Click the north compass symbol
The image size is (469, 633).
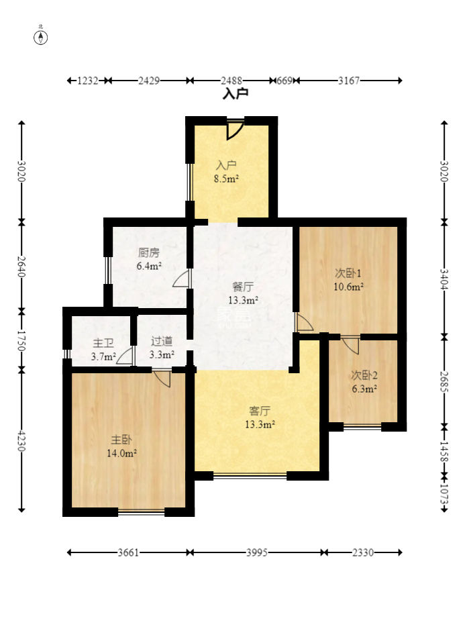41,38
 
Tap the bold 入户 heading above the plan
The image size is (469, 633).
236,94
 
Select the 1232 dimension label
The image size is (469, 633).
88,81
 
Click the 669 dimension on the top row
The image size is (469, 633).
284,81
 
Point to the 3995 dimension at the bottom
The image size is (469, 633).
257,552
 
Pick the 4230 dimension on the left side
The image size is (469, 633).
21,441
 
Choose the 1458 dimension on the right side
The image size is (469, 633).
444,451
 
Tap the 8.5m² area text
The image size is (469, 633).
226,179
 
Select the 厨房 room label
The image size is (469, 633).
148,253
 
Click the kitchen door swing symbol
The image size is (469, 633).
180,279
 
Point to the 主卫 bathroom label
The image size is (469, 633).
103,344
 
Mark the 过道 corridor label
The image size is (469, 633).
162,342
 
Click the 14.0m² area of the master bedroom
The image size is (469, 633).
121,453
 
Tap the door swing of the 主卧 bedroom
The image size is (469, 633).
162,379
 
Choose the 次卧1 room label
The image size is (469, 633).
348,273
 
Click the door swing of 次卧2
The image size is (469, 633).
350,346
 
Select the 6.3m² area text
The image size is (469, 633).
364,389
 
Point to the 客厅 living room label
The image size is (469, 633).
260,411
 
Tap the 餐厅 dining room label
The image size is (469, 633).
243,287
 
